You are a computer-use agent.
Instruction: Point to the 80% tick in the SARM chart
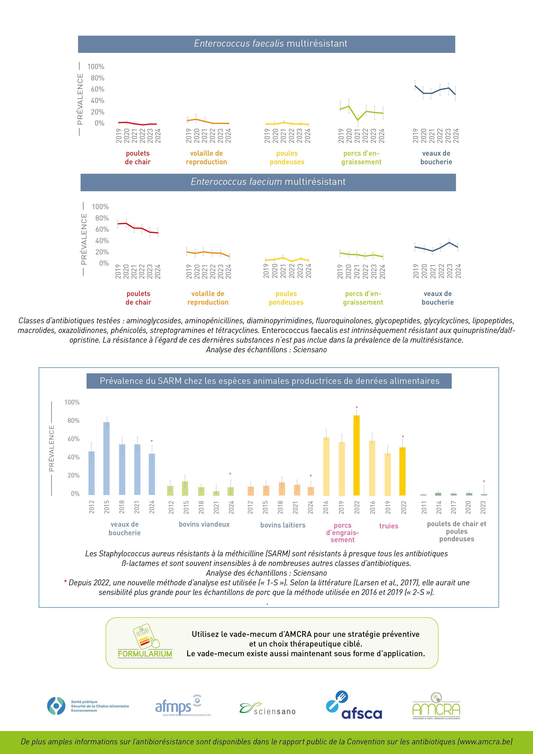click(72, 421)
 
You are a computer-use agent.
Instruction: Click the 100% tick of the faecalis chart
click(96, 67)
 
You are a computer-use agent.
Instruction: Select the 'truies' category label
click(389, 526)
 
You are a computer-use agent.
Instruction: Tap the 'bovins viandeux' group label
click(204, 524)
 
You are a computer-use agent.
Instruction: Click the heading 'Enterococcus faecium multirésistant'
click(268, 182)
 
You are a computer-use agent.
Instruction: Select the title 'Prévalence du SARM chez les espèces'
click(269, 381)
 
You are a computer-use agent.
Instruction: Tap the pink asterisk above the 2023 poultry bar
click(484, 482)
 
